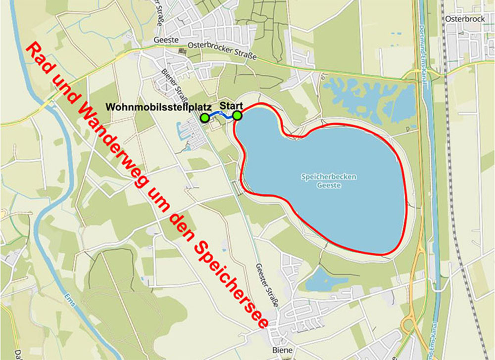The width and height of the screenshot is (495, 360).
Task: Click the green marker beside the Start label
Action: pyautogui.click(x=237, y=116)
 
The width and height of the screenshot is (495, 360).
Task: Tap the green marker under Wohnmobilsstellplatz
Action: pyautogui.click(x=204, y=118)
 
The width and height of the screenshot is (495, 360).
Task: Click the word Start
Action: pyautogui.click(x=231, y=106)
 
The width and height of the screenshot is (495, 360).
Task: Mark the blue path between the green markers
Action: pyautogui.click(x=220, y=114)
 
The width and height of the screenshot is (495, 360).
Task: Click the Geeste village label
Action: pyautogui.click(x=169, y=40)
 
